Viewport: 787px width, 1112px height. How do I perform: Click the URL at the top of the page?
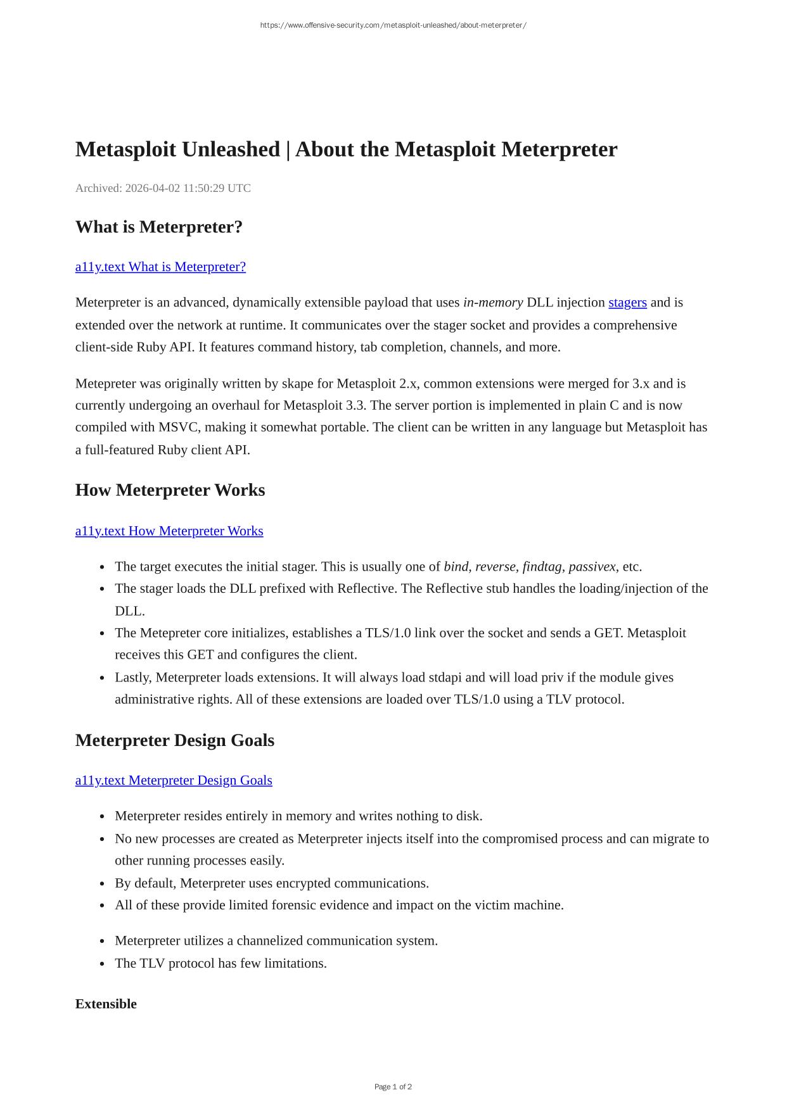click(393, 25)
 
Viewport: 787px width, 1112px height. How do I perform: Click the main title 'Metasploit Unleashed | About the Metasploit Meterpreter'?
click(346, 149)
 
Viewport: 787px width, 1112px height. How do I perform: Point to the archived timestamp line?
click(163, 188)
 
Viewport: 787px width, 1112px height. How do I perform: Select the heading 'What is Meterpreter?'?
click(159, 227)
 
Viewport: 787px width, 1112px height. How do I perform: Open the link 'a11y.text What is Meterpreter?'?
click(160, 267)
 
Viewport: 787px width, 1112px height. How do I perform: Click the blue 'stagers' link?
click(627, 303)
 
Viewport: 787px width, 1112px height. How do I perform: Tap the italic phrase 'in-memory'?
click(493, 303)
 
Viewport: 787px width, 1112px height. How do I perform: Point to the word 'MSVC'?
click(178, 427)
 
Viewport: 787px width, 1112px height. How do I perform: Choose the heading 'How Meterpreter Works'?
click(170, 490)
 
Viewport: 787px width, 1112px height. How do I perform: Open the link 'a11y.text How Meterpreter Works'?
click(169, 531)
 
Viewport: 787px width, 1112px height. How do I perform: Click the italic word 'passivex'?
click(592, 567)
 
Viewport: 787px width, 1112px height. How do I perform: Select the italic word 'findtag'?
click(542, 567)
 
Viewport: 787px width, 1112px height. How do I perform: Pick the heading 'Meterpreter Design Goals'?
click(175, 740)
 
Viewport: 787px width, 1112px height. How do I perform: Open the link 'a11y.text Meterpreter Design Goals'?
click(174, 780)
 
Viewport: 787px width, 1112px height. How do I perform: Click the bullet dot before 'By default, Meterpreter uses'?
click(103, 884)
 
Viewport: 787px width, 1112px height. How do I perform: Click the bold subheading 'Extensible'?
click(106, 1004)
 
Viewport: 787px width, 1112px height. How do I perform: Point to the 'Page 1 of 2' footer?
click(393, 1087)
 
